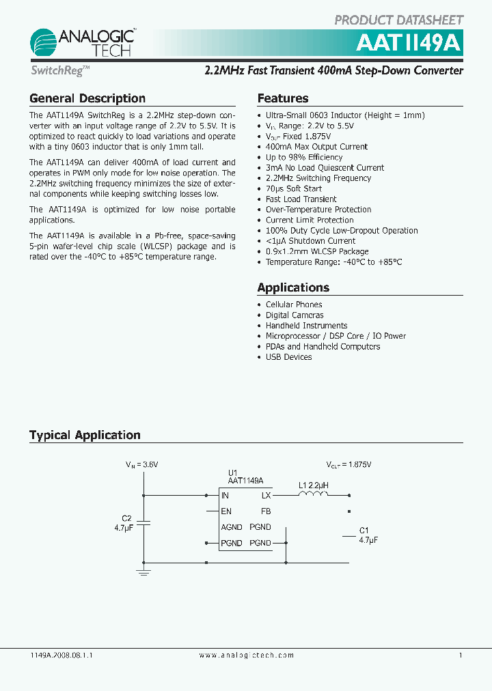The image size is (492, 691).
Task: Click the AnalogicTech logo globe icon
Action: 45,42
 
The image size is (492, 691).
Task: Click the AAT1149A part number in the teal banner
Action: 409,43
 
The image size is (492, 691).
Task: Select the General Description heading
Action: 87,98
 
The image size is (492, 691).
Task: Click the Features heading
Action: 282,98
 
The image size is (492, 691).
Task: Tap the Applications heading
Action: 293,287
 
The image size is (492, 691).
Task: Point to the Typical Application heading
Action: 85,435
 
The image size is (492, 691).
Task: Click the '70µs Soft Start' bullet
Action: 293,188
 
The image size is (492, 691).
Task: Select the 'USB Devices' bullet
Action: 288,357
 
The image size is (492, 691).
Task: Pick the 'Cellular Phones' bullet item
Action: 294,305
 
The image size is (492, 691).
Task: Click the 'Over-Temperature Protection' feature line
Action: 318,210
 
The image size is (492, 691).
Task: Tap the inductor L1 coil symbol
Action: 313,496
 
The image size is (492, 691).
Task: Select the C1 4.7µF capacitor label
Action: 368,535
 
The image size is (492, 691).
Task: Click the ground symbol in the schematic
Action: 143,572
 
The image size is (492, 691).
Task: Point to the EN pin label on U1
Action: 226,511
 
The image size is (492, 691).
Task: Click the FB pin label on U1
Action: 265,511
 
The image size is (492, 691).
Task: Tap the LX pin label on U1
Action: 266,496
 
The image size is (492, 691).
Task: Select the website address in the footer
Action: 246,655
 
